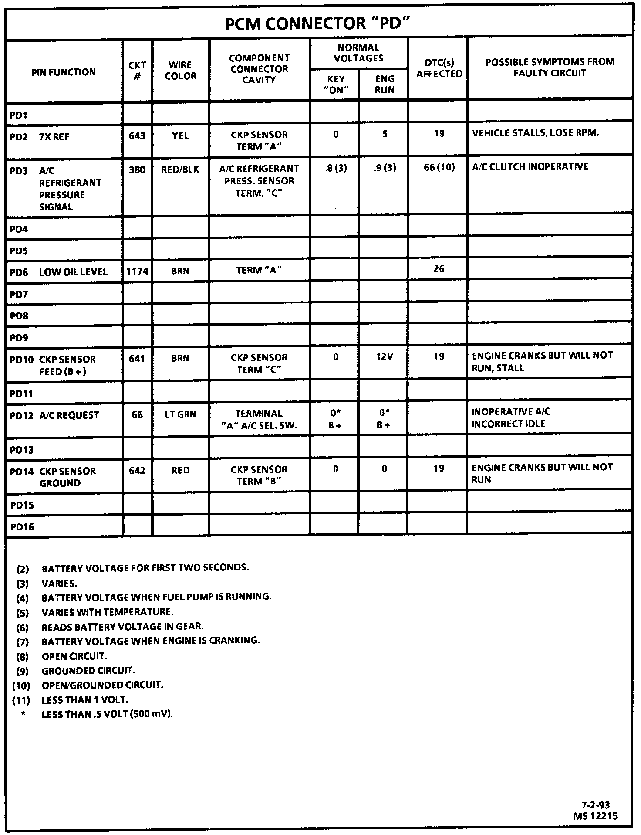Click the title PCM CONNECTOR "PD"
[318, 24]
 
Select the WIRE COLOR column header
[180, 71]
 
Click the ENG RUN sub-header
[385, 85]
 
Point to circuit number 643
[137, 136]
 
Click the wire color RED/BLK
[180, 170]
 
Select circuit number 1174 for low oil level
[138, 272]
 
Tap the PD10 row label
[22, 360]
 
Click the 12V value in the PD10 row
[385, 357]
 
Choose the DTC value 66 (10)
[439, 167]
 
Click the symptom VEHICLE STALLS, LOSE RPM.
[535, 133]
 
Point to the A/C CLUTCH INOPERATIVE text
[530, 167]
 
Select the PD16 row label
[22, 527]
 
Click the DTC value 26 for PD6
[439, 269]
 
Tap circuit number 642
[137, 471]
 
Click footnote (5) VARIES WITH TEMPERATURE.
[107, 612]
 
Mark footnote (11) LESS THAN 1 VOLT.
[84, 700]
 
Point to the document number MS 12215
[595, 816]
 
